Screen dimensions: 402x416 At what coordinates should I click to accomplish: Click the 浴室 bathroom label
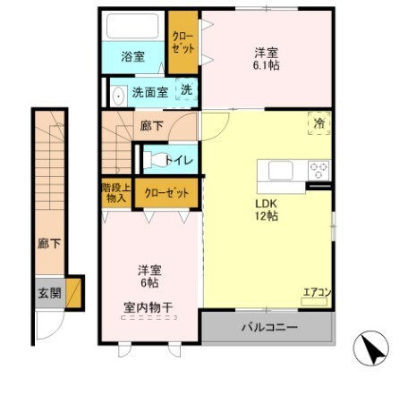pyautogui.click(x=133, y=56)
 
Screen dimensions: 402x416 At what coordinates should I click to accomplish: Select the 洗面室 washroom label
pyautogui.click(x=149, y=91)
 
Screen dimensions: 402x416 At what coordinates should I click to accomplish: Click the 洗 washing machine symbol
pyautogui.click(x=186, y=89)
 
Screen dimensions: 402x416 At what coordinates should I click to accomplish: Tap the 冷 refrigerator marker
pyautogui.click(x=318, y=124)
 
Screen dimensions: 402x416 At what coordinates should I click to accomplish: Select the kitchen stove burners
pyautogui.click(x=318, y=169)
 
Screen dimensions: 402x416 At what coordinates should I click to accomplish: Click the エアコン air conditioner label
pyautogui.click(x=316, y=292)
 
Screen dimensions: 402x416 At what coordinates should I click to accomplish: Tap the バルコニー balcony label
pyautogui.click(x=268, y=328)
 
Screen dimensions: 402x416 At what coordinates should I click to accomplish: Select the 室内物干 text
pyautogui.click(x=149, y=307)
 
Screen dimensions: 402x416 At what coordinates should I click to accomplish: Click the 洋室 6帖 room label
pyautogui.click(x=149, y=275)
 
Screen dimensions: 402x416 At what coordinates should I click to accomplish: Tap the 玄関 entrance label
pyautogui.click(x=49, y=292)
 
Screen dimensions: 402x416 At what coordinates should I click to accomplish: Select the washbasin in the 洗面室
pyautogui.click(x=118, y=92)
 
